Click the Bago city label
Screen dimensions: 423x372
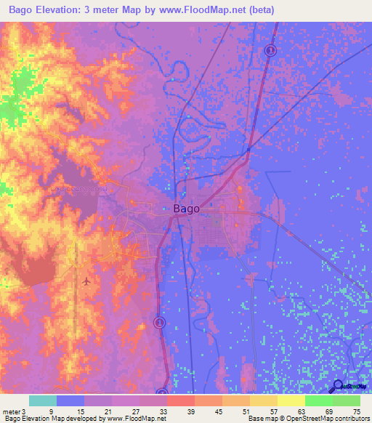coord(187,209)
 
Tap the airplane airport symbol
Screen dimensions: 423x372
coord(88,280)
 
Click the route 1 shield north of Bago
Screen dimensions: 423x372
coord(270,50)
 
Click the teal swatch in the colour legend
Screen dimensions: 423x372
coord(43,400)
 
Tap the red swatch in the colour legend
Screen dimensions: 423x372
coord(181,400)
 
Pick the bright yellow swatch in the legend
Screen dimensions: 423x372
coord(291,400)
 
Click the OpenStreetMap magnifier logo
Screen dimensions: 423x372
coord(338,386)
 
